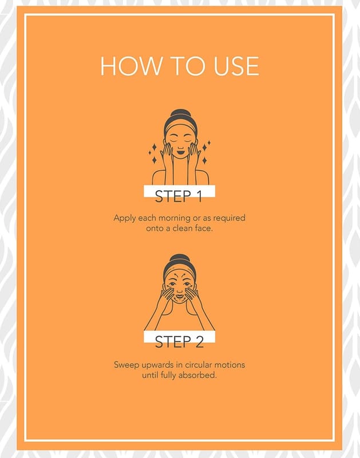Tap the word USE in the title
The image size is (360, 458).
236,66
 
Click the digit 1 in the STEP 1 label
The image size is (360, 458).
199,196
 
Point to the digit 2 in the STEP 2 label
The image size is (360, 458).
199,342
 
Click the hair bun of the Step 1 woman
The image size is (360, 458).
180,113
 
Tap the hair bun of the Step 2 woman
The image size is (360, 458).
180,258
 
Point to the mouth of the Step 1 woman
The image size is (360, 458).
180,151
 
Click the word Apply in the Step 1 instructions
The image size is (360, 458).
125,219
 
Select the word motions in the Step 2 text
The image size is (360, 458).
230,365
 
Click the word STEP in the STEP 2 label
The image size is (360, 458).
172,342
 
